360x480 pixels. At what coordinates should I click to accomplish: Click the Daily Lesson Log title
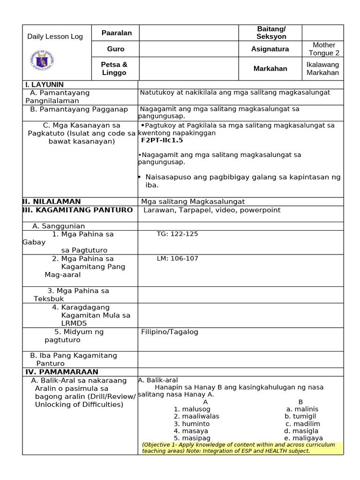(55, 37)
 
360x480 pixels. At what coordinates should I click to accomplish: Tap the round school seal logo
(42, 60)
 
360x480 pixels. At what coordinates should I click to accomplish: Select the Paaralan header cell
(117, 33)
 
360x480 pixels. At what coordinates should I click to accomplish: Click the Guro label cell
(116, 49)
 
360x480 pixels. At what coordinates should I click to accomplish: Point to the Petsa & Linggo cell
(114, 68)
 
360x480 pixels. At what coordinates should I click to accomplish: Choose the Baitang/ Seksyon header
(271, 33)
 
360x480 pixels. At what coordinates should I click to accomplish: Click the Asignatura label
(270, 49)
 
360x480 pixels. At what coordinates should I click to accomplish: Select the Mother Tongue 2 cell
(324, 49)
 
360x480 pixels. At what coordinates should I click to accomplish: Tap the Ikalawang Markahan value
(322, 68)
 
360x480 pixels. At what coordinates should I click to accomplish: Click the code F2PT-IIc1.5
(162, 140)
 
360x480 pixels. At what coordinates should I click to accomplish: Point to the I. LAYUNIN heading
(44, 84)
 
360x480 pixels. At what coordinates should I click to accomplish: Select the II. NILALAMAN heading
(52, 202)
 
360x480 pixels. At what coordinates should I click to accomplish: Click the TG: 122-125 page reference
(177, 234)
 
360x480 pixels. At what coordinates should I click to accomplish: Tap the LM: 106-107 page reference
(178, 258)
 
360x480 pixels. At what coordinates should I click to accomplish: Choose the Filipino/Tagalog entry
(170, 332)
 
